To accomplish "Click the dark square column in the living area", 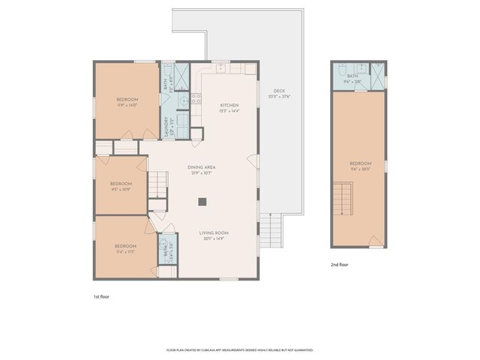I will click(x=202, y=201).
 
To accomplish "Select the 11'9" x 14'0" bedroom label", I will click(x=127, y=103).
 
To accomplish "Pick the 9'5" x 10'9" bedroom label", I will click(x=121, y=187).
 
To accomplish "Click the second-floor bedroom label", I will click(x=360, y=166).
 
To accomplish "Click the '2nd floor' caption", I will click(x=340, y=265).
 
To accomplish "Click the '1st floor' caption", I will click(x=101, y=297).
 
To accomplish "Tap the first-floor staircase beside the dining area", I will click(x=157, y=182).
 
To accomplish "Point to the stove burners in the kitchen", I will click(x=196, y=97).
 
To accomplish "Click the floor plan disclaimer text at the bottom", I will click(x=239, y=350).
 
